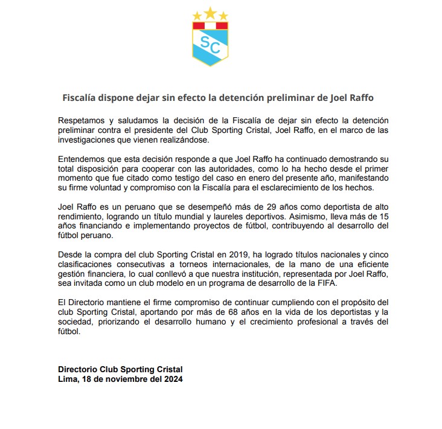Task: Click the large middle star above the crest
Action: pos(211,12)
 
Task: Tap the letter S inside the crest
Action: pos(206,43)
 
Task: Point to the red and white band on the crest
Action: pos(211,26)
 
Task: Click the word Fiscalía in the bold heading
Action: pos(83,97)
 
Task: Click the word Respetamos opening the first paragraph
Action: pos(85,121)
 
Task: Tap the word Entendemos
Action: pos(85,159)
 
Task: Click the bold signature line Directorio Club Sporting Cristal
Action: pos(120,369)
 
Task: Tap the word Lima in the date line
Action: pos(67,379)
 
